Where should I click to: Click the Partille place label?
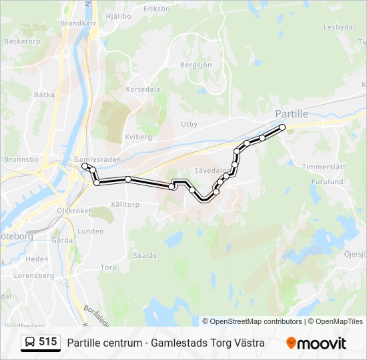(x=292, y=114)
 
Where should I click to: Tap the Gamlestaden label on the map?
(x=97, y=160)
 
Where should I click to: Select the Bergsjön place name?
(x=196, y=65)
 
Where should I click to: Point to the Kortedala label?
(x=143, y=89)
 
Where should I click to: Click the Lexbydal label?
(x=338, y=27)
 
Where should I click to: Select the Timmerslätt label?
(x=324, y=166)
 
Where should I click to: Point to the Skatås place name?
(x=145, y=255)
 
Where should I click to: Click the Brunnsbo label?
(x=19, y=160)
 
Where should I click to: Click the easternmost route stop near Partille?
(x=282, y=127)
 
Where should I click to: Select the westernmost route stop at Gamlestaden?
(x=85, y=166)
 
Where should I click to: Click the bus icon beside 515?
(x=30, y=343)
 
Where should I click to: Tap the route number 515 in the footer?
(x=48, y=342)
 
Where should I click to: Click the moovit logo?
(x=316, y=343)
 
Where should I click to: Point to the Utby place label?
(x=190, y=124)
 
